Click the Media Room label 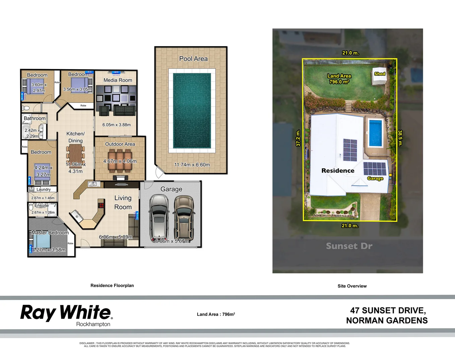[118, 80]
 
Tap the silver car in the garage [159, 218]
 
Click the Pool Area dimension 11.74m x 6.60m [192, 165]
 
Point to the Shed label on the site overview [380, 74]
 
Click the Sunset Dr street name [349, 246]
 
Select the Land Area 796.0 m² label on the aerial [339, 79]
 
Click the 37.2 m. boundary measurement [298, 138]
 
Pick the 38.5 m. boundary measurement [400, 138]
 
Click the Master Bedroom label [50, 233]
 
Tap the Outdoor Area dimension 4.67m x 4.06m [120, 161]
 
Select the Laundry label [44, 189]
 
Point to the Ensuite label [42, 205]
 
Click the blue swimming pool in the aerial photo [375, 133]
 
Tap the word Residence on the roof [338, 171]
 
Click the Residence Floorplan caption [112, 286]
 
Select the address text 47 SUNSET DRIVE [388, 311]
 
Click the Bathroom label [35, 118]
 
